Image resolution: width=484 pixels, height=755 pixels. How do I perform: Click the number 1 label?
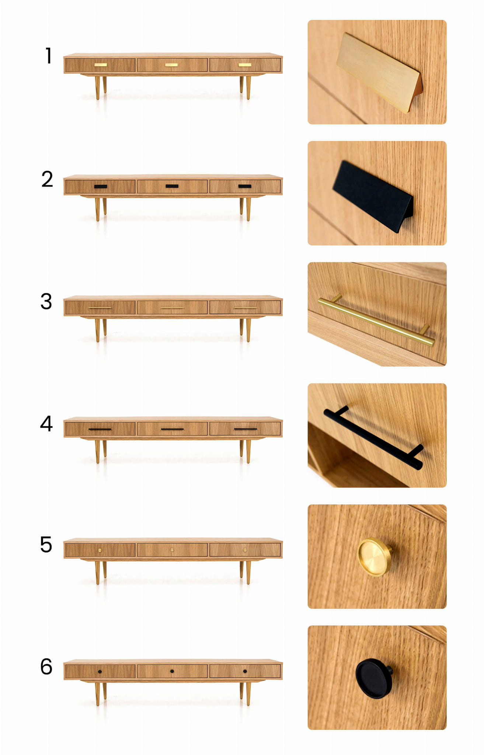(x=48, y=56)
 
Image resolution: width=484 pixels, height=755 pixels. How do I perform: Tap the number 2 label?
(x=47, y=179)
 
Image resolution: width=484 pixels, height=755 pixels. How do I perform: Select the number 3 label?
(x=46, y=301)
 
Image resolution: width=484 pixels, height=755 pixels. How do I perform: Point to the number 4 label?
(x=46, y=423)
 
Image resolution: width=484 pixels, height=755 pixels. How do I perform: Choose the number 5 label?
(x=46, y=545)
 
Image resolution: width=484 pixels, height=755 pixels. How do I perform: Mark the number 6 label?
(x=46, y=666)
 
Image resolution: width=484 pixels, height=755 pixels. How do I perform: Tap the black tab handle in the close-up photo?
(x=373, y=196)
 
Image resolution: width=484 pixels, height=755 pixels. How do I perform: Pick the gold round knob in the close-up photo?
(x=375, y=557)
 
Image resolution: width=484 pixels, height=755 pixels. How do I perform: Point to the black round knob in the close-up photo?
(x=374, y=678)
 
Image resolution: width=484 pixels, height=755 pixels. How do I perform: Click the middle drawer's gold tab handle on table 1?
(x=171, y=65)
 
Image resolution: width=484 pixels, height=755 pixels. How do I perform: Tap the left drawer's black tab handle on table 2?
(x=101, y=186)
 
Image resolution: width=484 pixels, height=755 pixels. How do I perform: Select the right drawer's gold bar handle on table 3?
(x=246, y=308)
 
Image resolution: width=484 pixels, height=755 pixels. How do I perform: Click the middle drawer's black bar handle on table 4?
(x=173, y=429)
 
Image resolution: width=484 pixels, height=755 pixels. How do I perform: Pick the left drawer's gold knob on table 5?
(x=100, y=550)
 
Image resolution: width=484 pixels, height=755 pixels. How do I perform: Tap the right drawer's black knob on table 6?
(x=245, y=671)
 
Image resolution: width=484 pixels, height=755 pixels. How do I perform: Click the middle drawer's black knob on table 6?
(x=172, y=671)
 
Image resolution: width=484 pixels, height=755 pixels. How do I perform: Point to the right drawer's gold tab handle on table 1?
(x=245, y=65)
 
